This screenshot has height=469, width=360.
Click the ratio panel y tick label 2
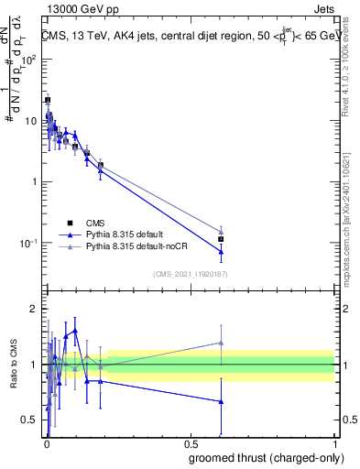pos(34,309)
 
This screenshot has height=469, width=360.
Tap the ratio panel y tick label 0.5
pos(31,420)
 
